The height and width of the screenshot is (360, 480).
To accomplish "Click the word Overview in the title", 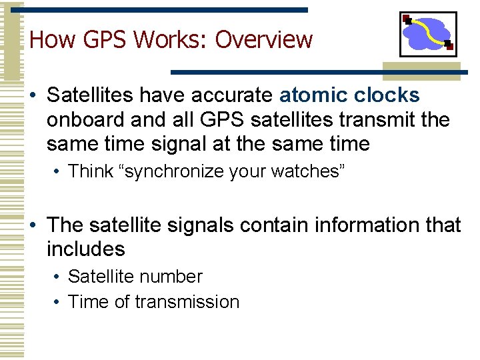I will pos(264,40).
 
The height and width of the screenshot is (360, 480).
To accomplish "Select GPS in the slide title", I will pos(97,40).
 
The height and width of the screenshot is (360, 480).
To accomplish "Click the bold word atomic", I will pos(315,96).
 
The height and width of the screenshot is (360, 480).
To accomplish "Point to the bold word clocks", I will pos(389,96).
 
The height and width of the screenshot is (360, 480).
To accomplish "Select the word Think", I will pos(91,171).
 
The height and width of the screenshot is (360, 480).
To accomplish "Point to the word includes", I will pos(86,249).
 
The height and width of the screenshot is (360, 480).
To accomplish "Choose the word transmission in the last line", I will pos(187,302).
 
